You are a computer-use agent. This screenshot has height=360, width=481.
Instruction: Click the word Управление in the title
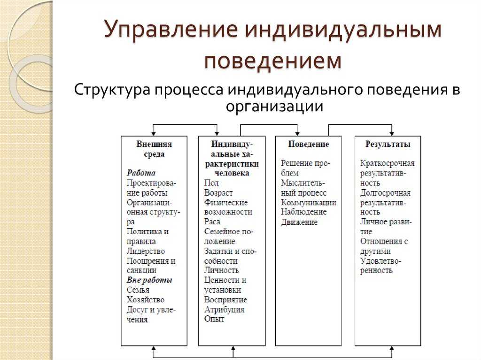pyautogui.click(x=171, y=30)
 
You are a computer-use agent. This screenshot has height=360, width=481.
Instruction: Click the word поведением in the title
pyautogui.click(x=273, y=61)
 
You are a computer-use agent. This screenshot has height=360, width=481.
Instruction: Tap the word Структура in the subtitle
pyautogui.click(x=112, y=90)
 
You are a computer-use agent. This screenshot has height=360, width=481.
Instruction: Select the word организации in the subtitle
pyautogui.click(x=274, y=107)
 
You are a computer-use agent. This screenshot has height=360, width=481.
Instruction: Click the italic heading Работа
pyautogui.click(x=141, y=173)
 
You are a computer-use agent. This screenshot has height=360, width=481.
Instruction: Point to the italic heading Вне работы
pyautogui.click(x=149, y=280)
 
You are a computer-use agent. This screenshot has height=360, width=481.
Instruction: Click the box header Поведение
pyautogui.click(x=308, y=144)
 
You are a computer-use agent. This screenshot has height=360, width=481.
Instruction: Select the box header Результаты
pyautogui.click(x=388, y=144)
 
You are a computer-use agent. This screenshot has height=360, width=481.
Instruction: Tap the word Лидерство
pyautogui.click(x=146, y=251)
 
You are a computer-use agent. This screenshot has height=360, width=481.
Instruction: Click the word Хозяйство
pyautogui.click(x=146, y=299)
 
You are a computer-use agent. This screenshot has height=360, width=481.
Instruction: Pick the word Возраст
pyautogui.click(x=218, y=193)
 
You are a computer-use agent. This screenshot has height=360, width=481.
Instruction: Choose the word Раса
pyautogui.click(x=212, y=222)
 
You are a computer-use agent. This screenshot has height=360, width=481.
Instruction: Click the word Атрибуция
pyautogui.click(x=224, y=309)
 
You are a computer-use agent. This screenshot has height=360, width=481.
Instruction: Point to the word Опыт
pyautogui.click(x=214, y=319)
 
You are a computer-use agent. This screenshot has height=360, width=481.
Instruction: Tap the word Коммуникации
pyautogui.click(x=309, y=202)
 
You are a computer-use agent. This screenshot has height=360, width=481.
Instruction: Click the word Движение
pyautogui.click(x=299, y=222)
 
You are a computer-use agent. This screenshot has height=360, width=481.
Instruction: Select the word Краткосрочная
pyautogui.click(x=387, y=164)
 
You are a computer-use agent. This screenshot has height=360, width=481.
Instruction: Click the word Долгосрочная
pyautogui.click(x=385, y=193)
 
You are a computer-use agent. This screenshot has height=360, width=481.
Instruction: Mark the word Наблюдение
pyautogui.click(x=304, y=212)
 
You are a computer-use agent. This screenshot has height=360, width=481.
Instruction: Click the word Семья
pyautogui.click(x=138, y=290)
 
